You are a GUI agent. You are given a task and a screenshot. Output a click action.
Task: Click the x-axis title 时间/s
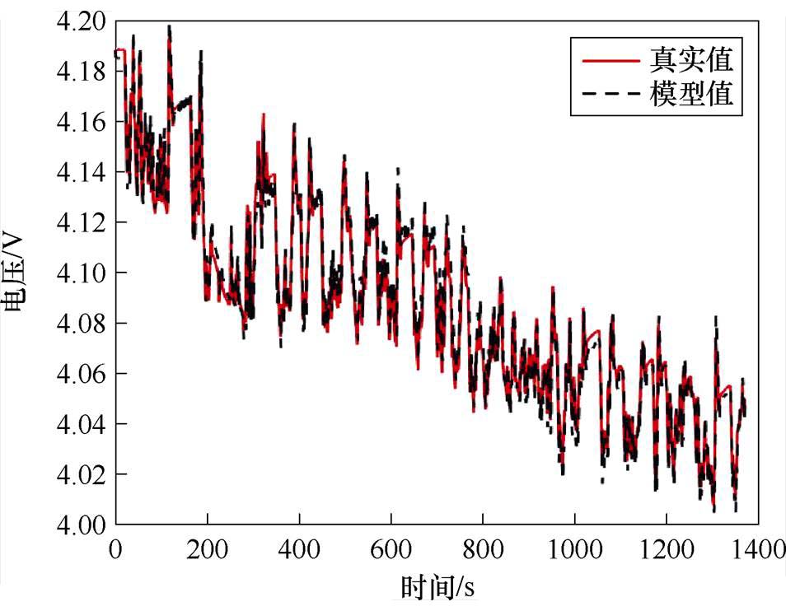[437, 589]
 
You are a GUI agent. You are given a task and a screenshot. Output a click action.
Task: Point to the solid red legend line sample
[610, 61]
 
